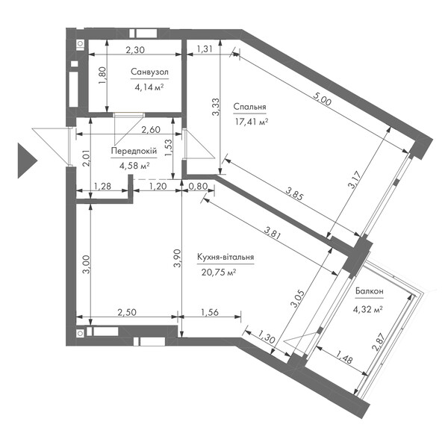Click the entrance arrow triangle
(25, 161)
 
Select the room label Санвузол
(149, 72)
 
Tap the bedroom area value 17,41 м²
(251, 122)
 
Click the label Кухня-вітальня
(225, 257)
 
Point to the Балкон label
(369, 291)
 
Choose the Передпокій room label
(134, 151)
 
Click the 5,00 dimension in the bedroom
(322, 99)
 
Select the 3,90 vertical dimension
(178, 258)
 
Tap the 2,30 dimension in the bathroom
(135, 50)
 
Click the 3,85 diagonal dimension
(294, 194)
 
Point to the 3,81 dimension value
(273, 232)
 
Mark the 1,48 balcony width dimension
(343, 357)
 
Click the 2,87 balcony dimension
(379, 341)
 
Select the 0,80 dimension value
(198, 186)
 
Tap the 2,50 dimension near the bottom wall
(127, 312)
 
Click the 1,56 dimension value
(210, 312)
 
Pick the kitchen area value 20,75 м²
(219, 273)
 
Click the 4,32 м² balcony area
(367, 309)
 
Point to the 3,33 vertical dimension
(216, 107)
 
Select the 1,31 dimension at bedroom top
(205, 49)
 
